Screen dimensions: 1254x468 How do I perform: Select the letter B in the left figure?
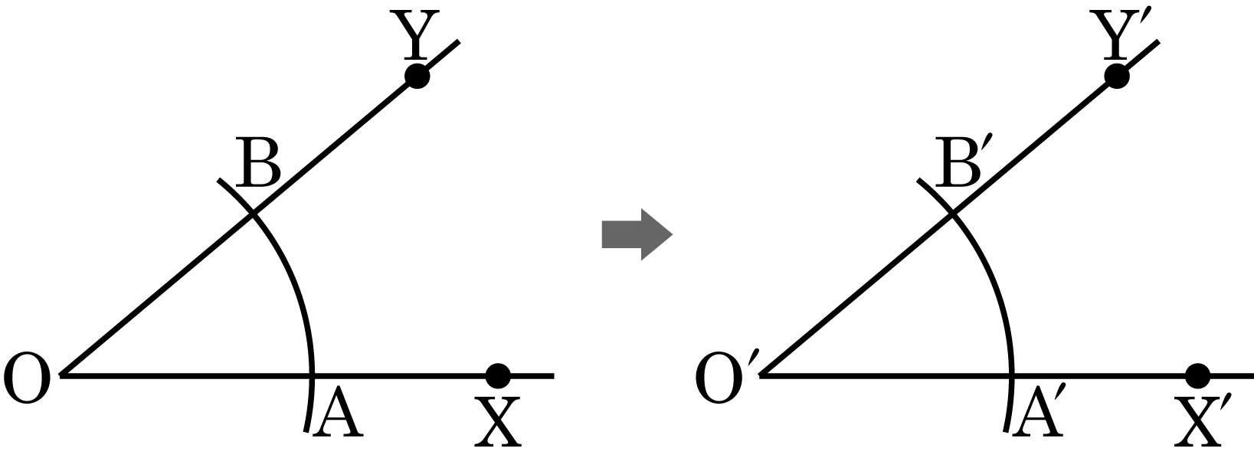257,162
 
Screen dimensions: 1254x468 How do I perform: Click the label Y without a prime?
415,34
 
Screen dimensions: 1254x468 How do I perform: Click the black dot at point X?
498,375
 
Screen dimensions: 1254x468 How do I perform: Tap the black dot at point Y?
417,76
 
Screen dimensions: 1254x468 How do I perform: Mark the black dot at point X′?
1197,375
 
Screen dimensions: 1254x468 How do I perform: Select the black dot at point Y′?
1116,76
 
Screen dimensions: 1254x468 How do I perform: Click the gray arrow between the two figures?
637,234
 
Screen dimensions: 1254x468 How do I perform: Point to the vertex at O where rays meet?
61,375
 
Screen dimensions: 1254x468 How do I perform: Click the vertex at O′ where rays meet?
761,375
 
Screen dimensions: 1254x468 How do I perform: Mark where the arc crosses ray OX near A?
312,375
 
